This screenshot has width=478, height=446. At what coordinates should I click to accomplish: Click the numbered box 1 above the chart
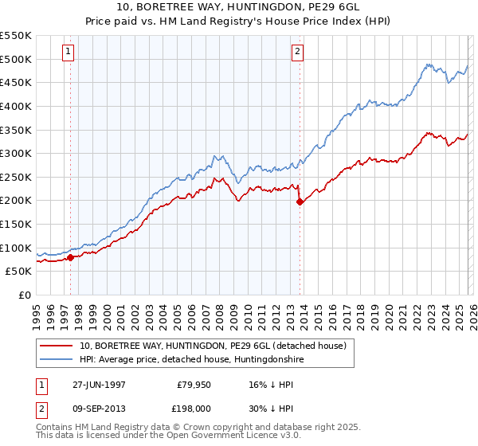(69, 53)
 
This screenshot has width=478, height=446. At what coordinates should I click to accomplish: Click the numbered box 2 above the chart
(297, 53)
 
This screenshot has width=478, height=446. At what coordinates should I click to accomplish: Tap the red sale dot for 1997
(71, 257)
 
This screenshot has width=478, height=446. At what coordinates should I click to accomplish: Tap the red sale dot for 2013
(300, 201)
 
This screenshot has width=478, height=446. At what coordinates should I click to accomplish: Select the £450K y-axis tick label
(16, 82)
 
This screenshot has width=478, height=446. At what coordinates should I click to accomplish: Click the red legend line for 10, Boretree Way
(57, 346)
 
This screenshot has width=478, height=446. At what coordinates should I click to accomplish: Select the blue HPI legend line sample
(57, 360)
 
